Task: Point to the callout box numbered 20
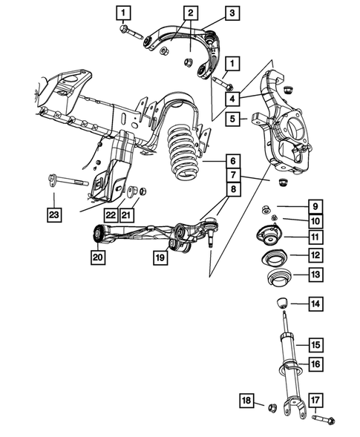98,257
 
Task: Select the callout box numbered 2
191,13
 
